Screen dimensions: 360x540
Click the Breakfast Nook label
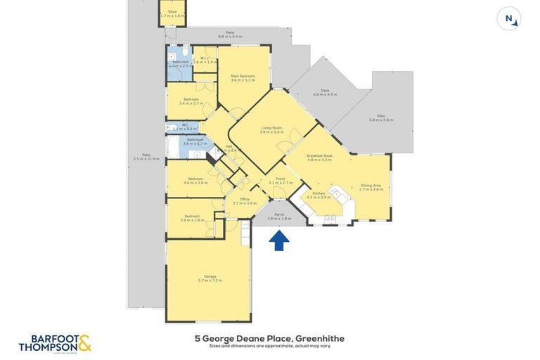[319, 157]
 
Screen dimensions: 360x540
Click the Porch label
[279, 216]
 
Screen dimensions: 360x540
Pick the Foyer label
[280, 181]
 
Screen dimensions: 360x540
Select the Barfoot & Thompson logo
[56, 342]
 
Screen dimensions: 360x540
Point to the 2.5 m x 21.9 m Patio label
[146, 157]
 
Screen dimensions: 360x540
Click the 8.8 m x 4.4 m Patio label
[230, 34]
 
